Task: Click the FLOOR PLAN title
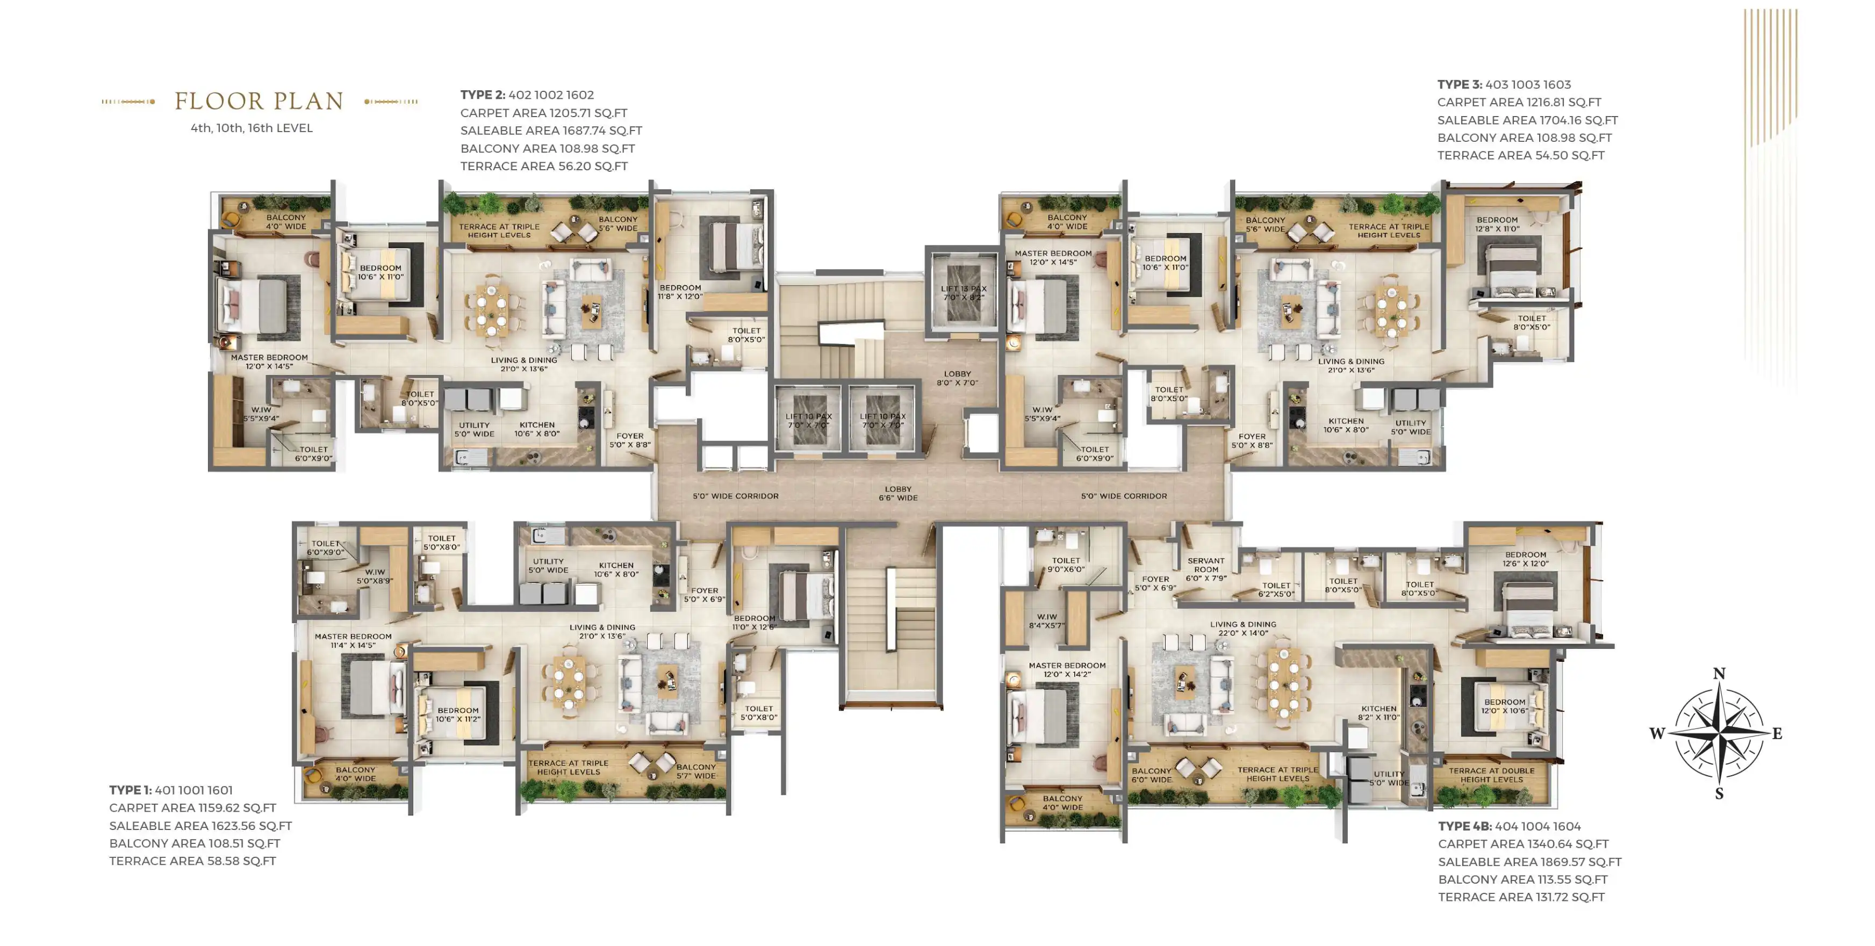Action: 258,101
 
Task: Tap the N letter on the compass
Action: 1719,673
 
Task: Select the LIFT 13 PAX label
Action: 964,289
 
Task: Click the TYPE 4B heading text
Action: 1464,826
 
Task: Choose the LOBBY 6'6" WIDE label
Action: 898,493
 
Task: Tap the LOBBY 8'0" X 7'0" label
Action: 957,378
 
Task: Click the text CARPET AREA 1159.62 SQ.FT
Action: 193,808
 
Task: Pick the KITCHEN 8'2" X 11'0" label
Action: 1378,712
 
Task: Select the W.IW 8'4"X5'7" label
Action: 1047,620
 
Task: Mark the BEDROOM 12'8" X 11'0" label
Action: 1497,224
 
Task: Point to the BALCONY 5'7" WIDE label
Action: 696,771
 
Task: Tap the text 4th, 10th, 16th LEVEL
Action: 252,128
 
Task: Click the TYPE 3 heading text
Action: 1460,84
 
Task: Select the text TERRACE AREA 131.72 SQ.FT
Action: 1521,897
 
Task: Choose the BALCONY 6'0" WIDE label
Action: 1152,775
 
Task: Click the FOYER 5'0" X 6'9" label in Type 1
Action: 705,595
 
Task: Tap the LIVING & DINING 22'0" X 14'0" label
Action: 1243,629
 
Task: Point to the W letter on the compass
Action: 1657,733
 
